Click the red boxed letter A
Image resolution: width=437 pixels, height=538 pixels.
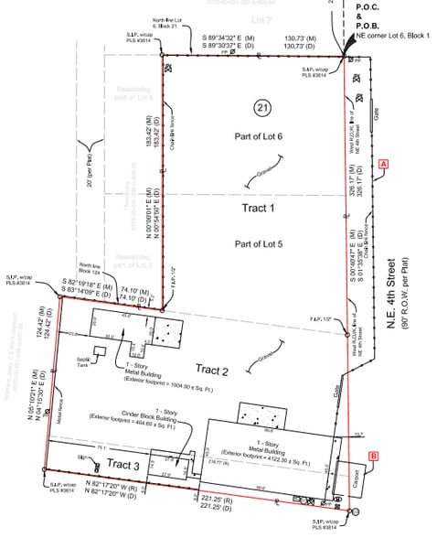pyautogui.click(x=384, y=163)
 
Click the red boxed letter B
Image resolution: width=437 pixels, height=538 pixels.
pyautogui.click(x=373, y=455)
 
